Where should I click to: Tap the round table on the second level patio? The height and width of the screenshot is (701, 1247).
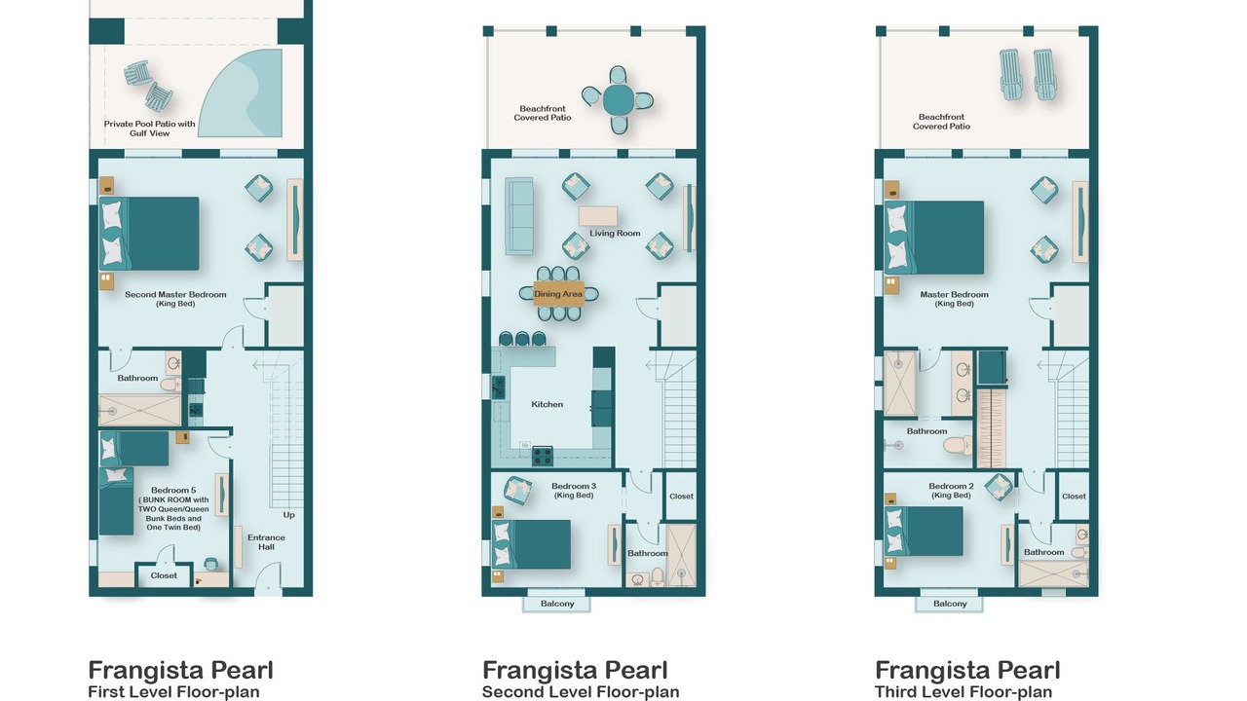618,100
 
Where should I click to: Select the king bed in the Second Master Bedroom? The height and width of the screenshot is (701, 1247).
149,233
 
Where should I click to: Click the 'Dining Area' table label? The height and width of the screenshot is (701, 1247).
558,294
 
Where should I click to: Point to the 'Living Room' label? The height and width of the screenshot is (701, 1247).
615,233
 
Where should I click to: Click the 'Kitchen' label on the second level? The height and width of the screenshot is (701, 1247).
547,404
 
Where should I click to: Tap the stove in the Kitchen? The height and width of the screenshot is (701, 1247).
543,457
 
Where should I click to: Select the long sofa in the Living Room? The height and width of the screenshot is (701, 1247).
519,216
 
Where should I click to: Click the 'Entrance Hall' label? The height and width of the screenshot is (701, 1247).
266,542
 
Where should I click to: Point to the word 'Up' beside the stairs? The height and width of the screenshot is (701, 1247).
289,515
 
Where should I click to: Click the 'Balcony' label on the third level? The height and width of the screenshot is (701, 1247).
950,604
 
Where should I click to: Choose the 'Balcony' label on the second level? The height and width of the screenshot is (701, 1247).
557,604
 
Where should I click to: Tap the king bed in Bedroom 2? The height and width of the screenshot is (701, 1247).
924,531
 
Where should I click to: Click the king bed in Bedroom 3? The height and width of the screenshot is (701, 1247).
531,544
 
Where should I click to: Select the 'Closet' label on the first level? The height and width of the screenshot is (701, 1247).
164,575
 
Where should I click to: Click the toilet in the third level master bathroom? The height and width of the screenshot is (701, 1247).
958,445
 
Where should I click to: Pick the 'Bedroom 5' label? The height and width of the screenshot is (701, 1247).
173,490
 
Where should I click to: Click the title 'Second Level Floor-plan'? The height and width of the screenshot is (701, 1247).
581,692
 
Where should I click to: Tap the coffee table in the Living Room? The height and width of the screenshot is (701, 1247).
598,216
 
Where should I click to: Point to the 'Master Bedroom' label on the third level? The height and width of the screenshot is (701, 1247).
954,294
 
